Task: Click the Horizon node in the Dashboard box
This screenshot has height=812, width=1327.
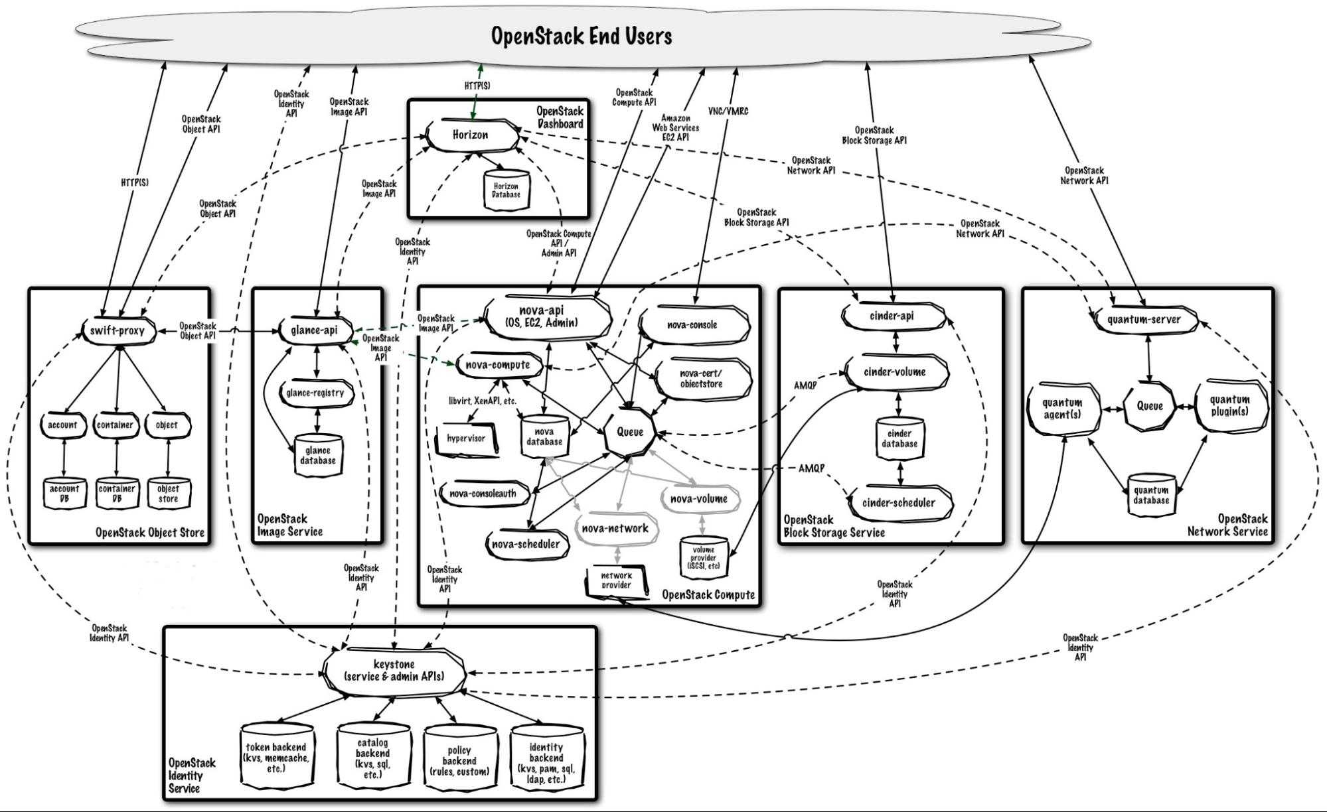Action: coord(471,135)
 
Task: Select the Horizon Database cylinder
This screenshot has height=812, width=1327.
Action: coord(506,190)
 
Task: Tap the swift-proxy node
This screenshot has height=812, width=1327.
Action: coord(117,330)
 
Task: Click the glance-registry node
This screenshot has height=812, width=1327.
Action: coord(315,393)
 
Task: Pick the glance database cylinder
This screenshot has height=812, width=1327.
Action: coord(318,456)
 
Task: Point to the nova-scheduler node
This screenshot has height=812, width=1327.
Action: coord(526,545)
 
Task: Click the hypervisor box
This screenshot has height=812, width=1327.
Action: coord(466,439)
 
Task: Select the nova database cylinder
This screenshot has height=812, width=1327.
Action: coord(544,437)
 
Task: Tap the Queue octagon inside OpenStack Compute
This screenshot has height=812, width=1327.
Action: coord(630,433)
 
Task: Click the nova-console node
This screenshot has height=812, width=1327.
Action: coord(692,325)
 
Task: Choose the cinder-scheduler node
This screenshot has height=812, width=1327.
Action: coord(898,503)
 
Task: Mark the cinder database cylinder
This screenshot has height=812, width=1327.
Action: coord(899,439)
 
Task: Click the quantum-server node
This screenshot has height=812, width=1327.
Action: coord(1144,320)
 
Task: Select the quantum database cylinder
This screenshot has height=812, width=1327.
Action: coord(1151,495)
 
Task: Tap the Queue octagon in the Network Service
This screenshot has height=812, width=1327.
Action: coord(1150,406)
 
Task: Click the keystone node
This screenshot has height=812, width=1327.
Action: coord(394,671)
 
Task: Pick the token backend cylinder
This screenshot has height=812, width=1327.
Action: coord(276,757)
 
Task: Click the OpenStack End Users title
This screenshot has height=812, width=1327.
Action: coord(582,36)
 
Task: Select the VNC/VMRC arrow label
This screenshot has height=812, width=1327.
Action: coord(728,111)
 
